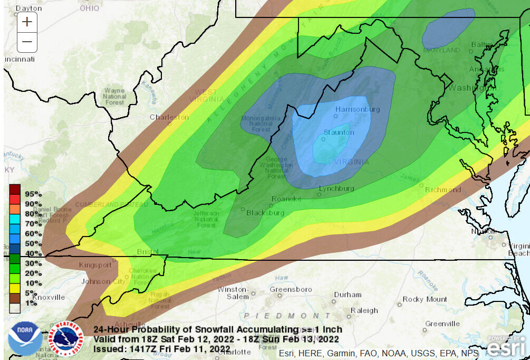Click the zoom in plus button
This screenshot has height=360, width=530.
click(x=27, y=22)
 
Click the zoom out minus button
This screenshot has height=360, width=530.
click(x=27, y=42)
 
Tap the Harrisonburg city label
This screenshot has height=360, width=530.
click(x=357, y=109)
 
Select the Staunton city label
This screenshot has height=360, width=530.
click(x=339, y=132)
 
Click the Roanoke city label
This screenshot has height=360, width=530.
click(x=286, y=199)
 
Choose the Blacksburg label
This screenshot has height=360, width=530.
click(x=265, y=213)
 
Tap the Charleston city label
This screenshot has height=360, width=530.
click(x=169, y=117)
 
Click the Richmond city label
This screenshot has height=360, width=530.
click(x=442, y=190)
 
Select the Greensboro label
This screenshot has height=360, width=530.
click(x=291, y=289)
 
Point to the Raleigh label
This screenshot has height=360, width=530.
click(x=364, y=310)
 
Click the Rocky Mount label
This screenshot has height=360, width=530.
click(x=425, y=299)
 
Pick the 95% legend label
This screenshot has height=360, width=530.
click(x=32, y=194)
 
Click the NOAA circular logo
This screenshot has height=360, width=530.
click(x=24, y=338)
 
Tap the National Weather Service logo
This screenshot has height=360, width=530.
click(x=66, y=338)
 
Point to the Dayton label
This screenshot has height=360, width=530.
click(x=28, y=8)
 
